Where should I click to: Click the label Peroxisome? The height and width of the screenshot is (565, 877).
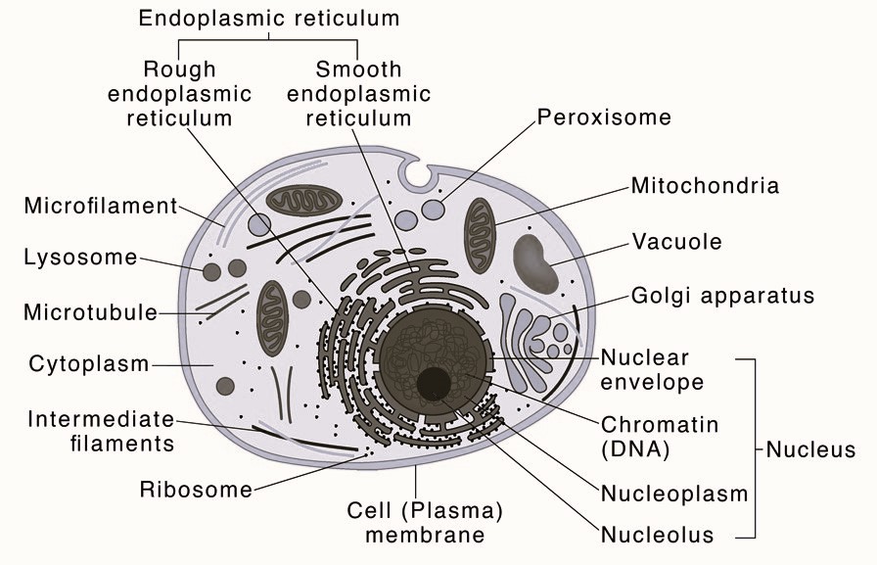pyautogui.click(x=604, y=118)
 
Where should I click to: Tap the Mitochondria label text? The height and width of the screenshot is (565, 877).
pyautogui.click(x=705, y=185)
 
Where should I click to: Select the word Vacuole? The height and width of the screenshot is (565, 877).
pyautogui.click(x=676, y=241)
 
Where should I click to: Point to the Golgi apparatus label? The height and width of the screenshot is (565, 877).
pyautogui.click(x=722, y=295)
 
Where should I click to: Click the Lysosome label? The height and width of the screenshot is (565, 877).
pyautogui.click(x=80, y=258)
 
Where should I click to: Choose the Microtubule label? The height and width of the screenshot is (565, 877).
pyautogui.click(x=90, y=312)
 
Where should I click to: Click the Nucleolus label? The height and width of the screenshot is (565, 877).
pyautogui.click(x=657, y=535)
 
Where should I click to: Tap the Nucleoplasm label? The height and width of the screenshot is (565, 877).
pyautogui.click(x=673, y=493)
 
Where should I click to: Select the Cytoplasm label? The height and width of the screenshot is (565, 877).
pyautogui.click(x=89, y=364)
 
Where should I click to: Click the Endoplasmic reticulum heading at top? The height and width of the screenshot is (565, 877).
pyautogui.click(x=268, y=19)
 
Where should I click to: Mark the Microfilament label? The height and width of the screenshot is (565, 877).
pyautogui.click(x=100, y=207)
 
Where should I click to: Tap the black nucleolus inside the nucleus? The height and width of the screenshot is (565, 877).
pyautogui.click(x=433, y=383)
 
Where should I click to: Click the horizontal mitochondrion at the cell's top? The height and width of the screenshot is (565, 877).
pyautogui.click(x=306, y=202)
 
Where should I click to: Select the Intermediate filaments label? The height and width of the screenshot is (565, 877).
pyautogui.click(x=101, y=431)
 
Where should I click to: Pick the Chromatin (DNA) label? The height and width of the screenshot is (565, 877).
pyautogui.click(x=660, y=437)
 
